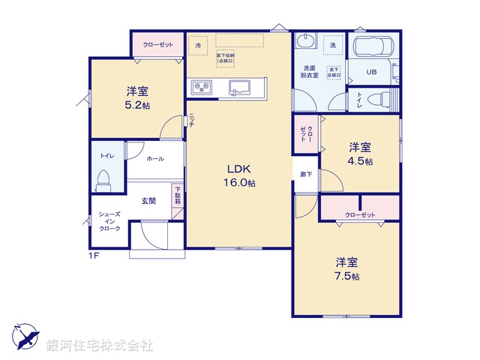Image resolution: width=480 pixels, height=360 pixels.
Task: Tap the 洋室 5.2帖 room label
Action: [x=136, y=97]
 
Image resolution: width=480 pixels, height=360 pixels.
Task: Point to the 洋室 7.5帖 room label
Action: [x=346, y=268]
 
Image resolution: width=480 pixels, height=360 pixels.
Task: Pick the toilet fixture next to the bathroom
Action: [x=382, y=99]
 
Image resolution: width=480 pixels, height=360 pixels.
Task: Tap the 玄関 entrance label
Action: [x=148, y=200]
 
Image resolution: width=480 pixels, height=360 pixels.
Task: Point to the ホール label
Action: [x=155, y=159]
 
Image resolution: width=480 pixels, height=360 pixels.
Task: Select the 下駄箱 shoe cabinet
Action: [x=178, y=199]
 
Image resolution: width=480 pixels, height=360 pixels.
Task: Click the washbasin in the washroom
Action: [x=306, y=41]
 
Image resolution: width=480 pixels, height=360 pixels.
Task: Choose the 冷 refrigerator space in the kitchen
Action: [x=198, y=46]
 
